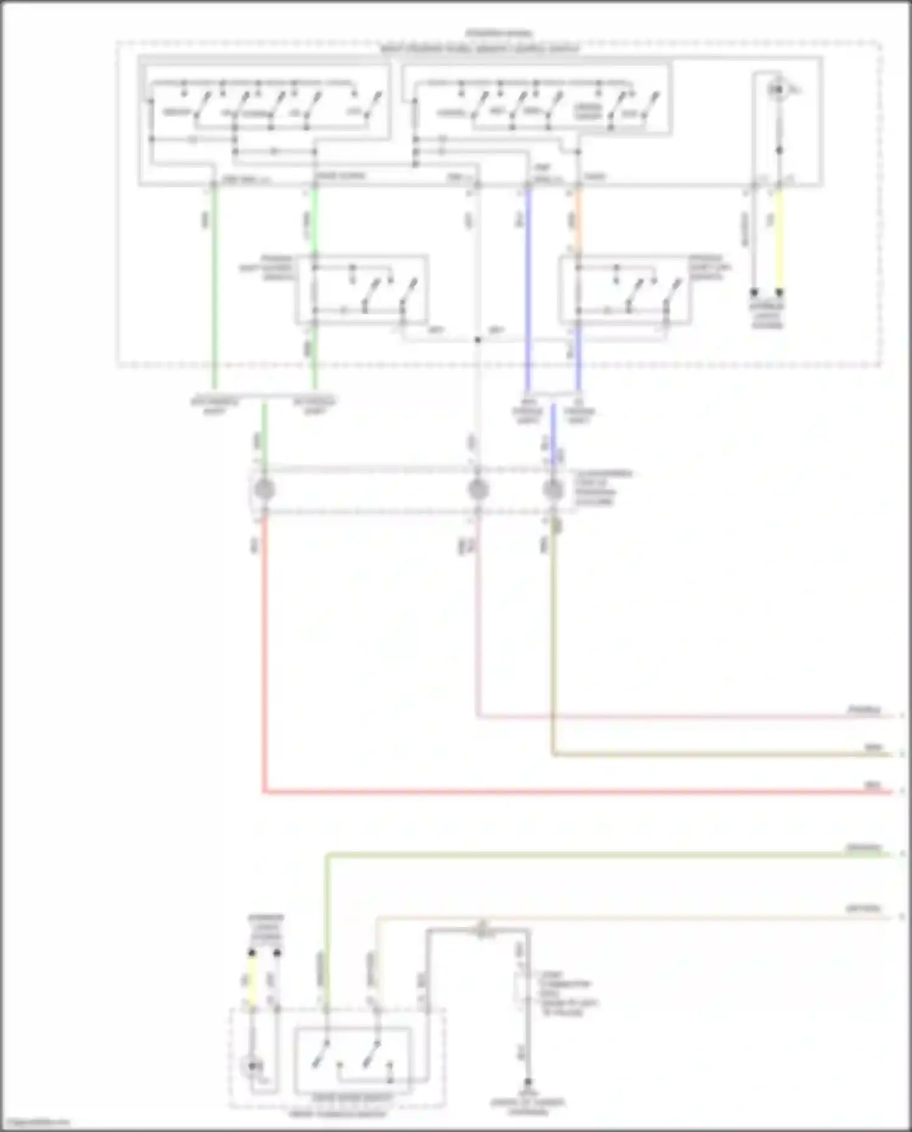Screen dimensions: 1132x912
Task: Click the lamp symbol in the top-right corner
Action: [777, 90]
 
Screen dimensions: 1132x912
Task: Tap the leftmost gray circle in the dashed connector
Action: [264, 490]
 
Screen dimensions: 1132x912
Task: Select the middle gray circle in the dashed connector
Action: [478, 490]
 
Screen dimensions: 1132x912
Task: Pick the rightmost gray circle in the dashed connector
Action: [553, 490]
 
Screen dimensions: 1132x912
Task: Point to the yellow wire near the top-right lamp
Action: [779, 240]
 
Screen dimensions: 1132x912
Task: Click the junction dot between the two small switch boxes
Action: [478, 339]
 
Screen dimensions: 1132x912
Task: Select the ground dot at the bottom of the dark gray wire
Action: [528, 1082]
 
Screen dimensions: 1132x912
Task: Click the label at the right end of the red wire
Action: [873, 785]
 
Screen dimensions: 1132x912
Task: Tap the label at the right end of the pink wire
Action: [864, 710]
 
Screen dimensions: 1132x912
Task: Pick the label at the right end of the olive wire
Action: [874, 748]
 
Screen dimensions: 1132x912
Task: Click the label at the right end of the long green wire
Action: [864, 848]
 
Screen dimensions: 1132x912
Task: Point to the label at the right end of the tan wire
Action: [863, 909]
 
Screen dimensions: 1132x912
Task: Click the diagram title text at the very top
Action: [499, 33]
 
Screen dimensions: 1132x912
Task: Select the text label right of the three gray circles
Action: [604, 487]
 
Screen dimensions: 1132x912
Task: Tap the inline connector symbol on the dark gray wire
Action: [482, 929]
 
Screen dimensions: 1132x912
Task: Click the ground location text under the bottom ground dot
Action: [528, 1106]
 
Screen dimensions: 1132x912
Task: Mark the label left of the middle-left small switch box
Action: [266, 268]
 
